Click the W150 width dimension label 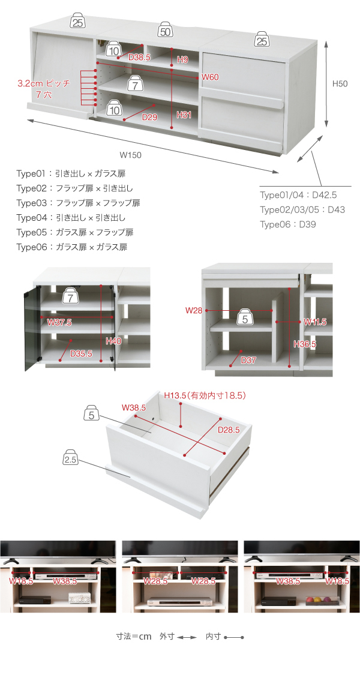131,154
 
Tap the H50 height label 340,84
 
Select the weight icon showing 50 166,31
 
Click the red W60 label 210,77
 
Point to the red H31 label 184,115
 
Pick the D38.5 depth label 139,58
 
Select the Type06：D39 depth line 288,224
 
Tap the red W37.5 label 59,322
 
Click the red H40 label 113,341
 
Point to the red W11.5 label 315,322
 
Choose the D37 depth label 248,360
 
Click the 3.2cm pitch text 44,83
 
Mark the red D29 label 149,118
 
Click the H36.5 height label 305,344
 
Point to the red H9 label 182,59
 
